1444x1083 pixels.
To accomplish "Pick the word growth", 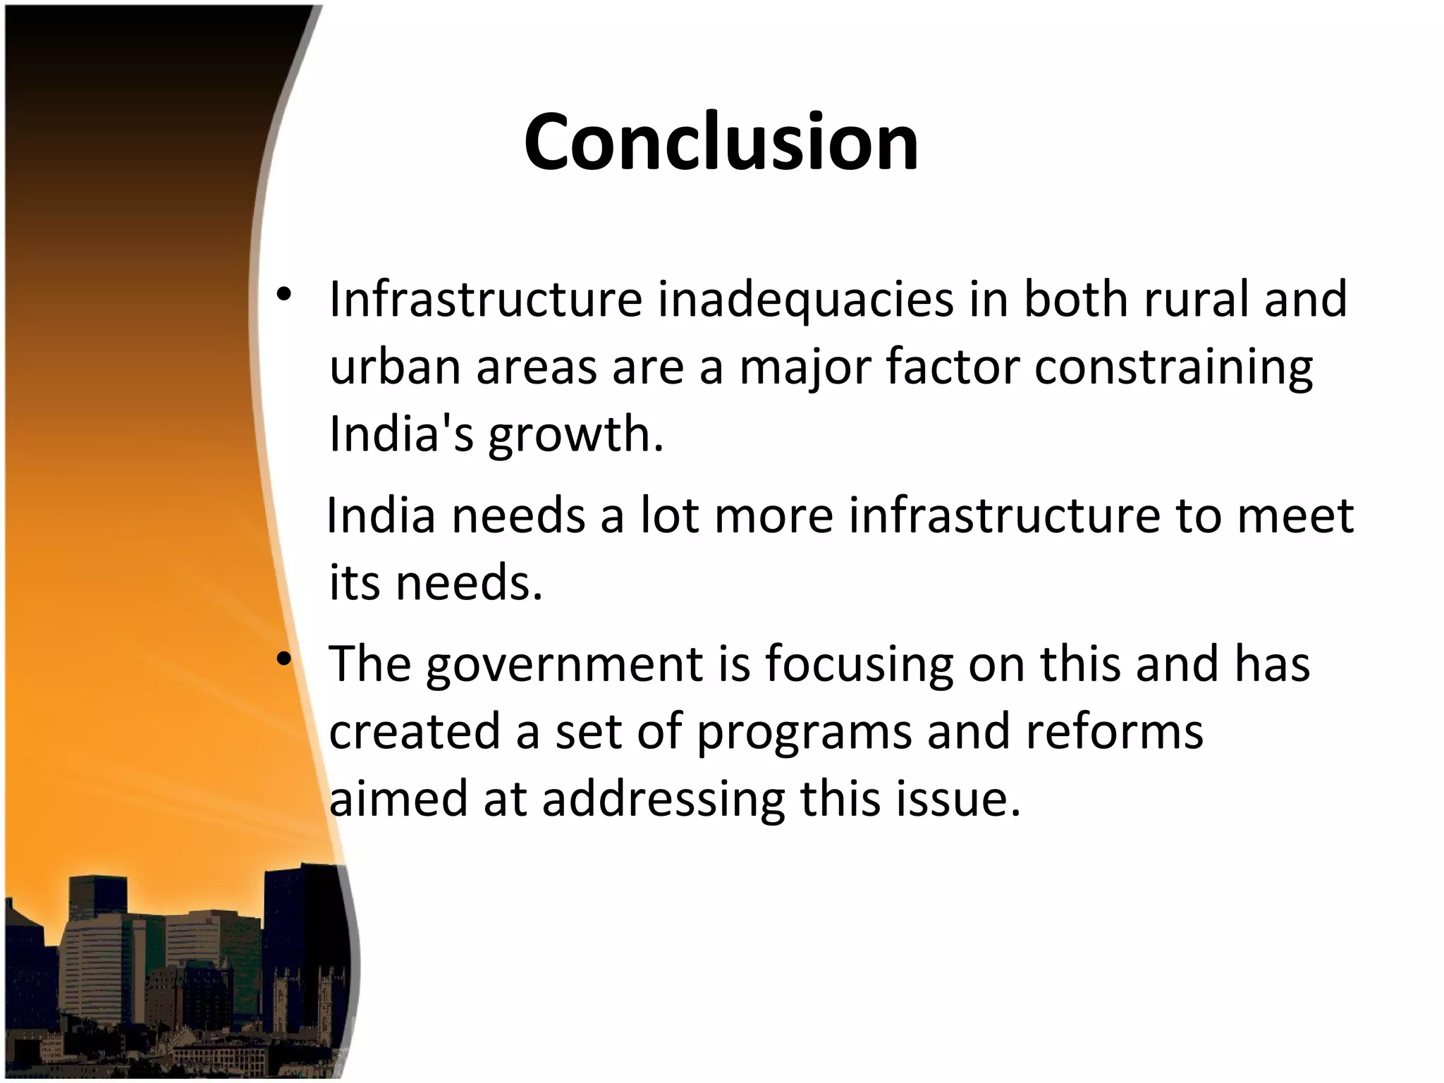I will (575, 434).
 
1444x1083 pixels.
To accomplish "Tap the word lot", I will (669, 515).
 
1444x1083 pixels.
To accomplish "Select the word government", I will (564, 665).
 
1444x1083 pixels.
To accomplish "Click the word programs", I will (804, 733).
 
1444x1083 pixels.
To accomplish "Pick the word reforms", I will (1114, 733).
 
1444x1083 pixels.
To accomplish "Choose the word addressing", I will (663, 800).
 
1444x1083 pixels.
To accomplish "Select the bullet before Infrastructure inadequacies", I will (283, 295).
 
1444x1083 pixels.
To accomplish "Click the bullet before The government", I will (283, 660).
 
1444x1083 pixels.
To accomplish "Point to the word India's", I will (401, 434).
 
